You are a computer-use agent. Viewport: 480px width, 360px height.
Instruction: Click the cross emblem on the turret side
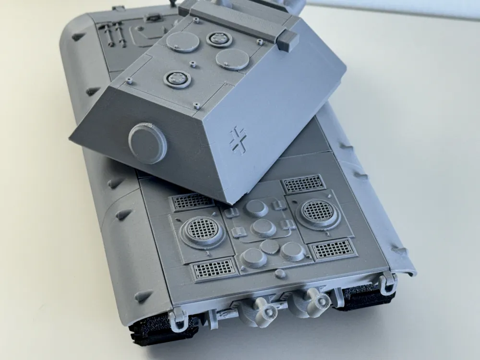point(238,139)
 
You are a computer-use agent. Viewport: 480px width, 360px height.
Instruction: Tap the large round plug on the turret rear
point(147,143)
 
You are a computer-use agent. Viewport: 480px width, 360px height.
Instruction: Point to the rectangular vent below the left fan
point(214,268)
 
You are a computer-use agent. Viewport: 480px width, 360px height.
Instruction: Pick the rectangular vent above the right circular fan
point(303,183)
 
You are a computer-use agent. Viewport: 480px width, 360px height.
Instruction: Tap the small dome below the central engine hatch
point(280,274)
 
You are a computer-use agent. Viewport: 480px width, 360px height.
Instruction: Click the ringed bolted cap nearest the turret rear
point(177,79)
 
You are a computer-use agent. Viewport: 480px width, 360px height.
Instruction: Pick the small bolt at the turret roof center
point(193,63)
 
